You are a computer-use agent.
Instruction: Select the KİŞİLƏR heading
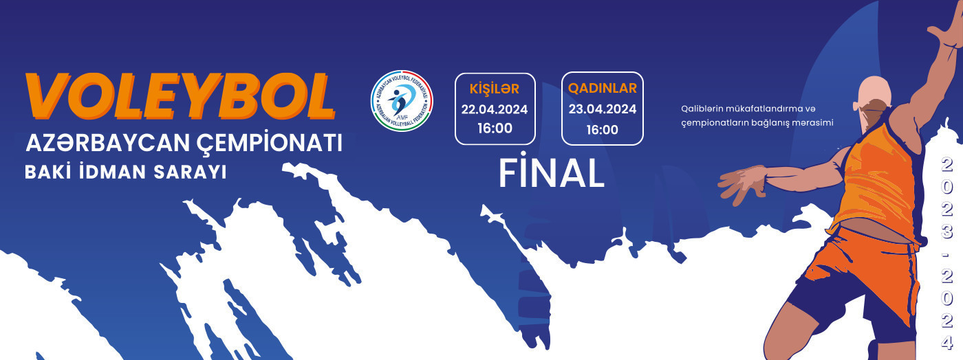(x=494, y=89)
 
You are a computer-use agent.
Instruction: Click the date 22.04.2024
(x=495, y=109)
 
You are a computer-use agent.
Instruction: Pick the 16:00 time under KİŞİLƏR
(x=495, y=128)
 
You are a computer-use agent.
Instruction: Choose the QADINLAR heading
(x=603, y=89)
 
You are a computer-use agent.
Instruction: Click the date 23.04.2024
(x=603, y=109)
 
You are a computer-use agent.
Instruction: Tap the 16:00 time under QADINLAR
(x=603, y=129)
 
